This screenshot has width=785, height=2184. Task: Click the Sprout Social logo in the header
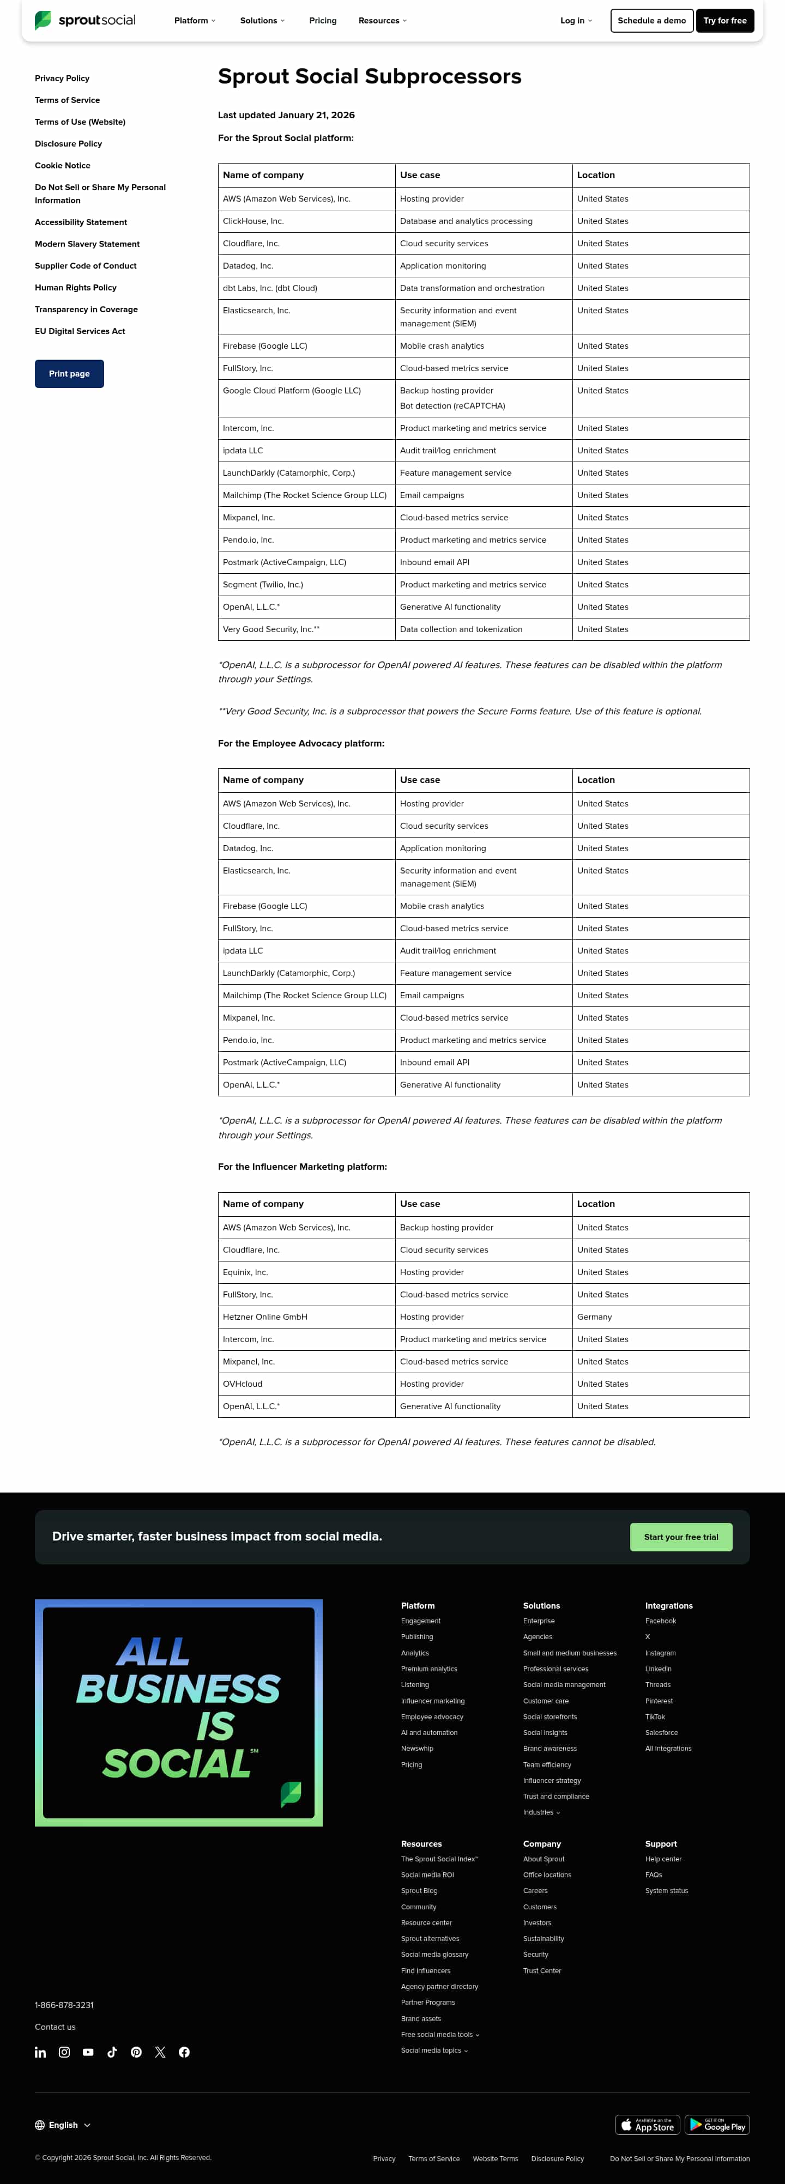click(x=85, y=20)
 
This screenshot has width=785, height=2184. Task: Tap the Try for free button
click(x=725, y=20)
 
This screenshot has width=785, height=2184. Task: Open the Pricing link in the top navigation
click(x=322, y=20)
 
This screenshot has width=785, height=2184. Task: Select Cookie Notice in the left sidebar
click(x=63, y=165)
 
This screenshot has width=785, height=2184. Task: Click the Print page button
click(x=70, y=374)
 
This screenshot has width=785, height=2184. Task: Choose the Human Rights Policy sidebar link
click(x=75, y=287)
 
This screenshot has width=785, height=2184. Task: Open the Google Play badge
click(x=717, y=2125)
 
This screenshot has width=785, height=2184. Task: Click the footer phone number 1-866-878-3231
click(x=64, y=2005)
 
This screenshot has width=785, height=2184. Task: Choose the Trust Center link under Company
click(x=542, y=1970)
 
